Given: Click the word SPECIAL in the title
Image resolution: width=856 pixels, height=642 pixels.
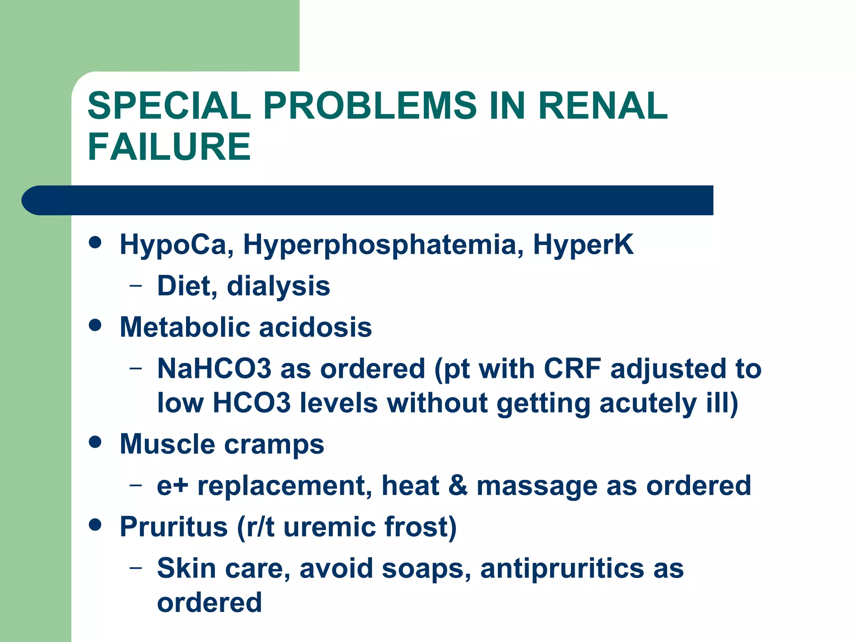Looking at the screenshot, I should pos(169,106).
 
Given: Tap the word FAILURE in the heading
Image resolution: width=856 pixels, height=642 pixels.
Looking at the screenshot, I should pos(169,147).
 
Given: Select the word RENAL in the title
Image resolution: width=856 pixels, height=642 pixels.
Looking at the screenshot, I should pos(603,106).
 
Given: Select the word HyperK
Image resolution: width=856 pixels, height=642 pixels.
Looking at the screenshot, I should pos(583,245).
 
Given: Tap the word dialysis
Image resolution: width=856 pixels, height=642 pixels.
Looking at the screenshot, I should pos(278,287).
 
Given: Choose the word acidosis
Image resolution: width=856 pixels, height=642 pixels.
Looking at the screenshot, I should pos(315,327).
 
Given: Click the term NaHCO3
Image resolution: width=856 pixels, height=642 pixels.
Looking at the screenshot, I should pos(214,369).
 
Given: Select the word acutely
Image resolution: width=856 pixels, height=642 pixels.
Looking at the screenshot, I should pos(648,403).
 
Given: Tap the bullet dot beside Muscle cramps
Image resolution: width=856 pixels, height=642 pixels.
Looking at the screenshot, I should pos(95,442).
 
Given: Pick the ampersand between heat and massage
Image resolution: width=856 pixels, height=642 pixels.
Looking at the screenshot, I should pos(458,485).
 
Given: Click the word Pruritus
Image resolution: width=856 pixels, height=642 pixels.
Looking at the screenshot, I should pos(174,526).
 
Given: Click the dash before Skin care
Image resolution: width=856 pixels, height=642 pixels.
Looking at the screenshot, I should pos(135,568).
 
